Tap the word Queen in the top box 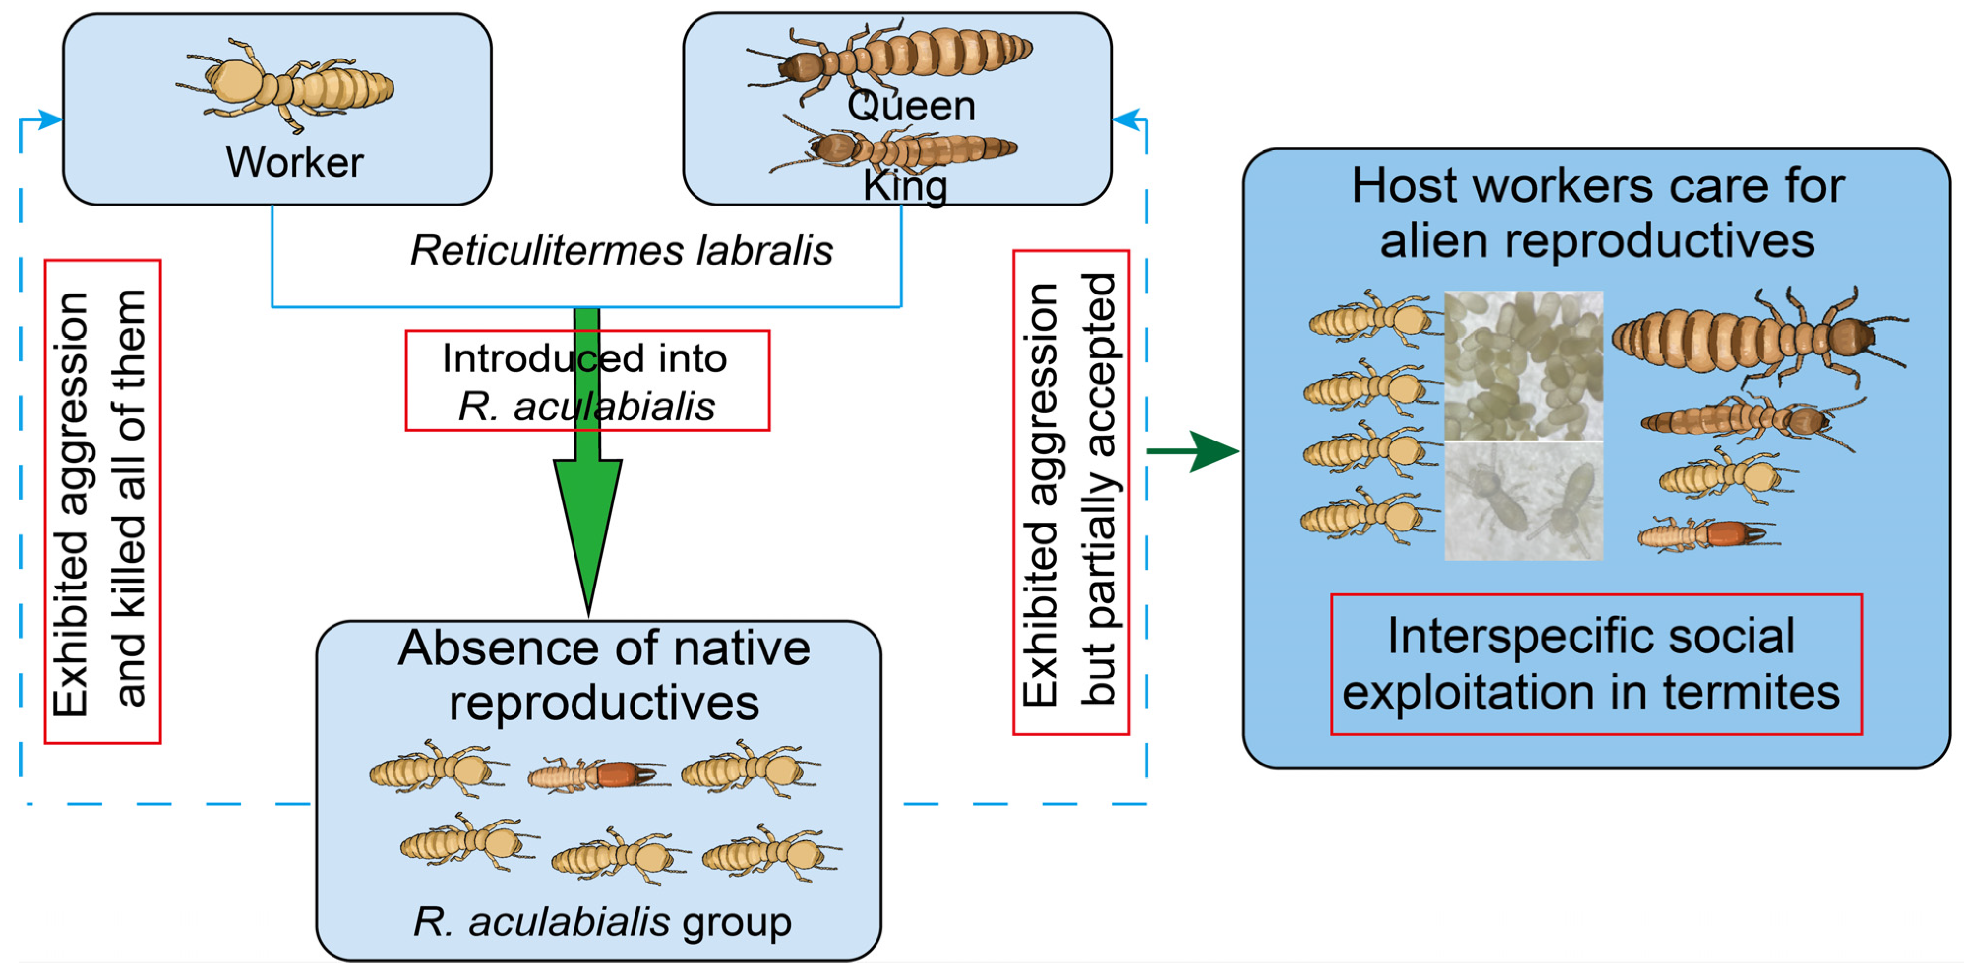pyautogui.click(x=911, y=105)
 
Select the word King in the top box pyautogui.click(x=905, y=185)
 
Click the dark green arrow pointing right pyautogui.click(x=1193, y=451)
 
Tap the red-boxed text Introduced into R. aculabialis pyautogui.click(x=586, y=381)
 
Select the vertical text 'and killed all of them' pyautogui.click(x=130, y=499)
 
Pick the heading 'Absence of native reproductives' pyautogui.click(x=604, y=675)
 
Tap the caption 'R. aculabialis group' pyautogui.click(x=603, y=922)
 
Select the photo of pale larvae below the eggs pyautogui.click(x=1523, y=501)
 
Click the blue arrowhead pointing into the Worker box pyautogui.click(x=50, y=119)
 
